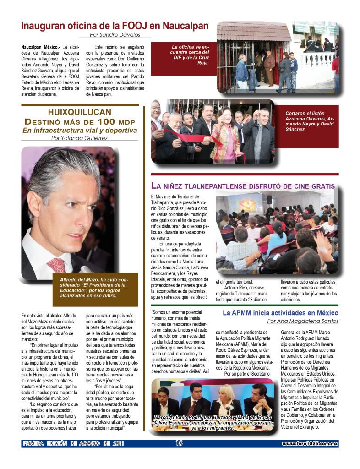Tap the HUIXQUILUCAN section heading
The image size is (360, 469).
(x=80, y=112)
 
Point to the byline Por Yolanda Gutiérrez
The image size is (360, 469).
(x=80, y=138)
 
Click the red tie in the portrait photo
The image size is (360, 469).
(x=57, y=264)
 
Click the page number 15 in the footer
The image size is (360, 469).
(x=179, y=443)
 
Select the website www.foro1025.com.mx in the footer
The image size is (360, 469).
(x=310, y=443)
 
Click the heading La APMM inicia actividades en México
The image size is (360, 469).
(x=280, y=313)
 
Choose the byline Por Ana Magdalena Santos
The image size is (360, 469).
(x=302, y=321)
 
